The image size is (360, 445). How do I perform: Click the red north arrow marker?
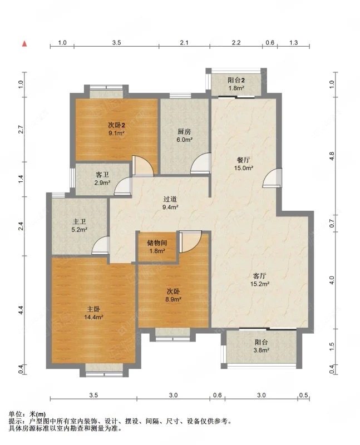24,44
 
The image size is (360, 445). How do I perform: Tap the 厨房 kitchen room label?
184,132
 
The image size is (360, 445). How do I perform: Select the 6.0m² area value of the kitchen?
185,140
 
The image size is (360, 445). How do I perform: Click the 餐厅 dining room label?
244,160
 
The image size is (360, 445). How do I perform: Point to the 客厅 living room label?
259,276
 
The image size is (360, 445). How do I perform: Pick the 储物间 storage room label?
157,243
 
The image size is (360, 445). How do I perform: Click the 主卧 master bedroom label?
93,309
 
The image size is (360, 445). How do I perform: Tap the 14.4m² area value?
93,317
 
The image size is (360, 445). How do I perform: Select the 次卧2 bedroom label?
117,125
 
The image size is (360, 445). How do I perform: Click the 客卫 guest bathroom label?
102,175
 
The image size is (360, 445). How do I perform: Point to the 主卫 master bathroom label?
79,221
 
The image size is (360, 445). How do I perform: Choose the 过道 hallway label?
170,199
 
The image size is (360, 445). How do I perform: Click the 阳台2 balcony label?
236,80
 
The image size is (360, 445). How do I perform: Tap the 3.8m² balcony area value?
262,350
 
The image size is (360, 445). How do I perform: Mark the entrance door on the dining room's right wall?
272,178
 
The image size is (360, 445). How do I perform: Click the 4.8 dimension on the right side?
332,156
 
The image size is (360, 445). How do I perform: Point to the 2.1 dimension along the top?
184,43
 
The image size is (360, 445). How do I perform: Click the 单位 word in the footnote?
16,414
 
